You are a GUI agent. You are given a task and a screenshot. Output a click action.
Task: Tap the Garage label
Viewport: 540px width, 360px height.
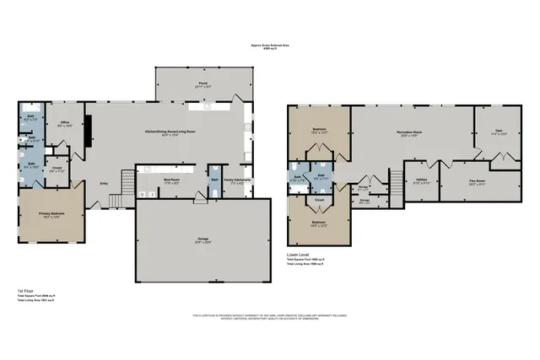(x=203, y=240)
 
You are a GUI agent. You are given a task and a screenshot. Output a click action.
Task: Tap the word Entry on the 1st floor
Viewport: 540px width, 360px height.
(x=104, y=183)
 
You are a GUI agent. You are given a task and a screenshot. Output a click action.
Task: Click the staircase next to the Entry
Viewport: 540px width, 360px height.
(x=129, y=180)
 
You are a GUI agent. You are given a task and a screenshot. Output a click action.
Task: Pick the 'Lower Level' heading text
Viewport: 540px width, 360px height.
(x=298, y=252)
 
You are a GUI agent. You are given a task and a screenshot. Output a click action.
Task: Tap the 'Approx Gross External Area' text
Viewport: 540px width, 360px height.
(x=270, y=46)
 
